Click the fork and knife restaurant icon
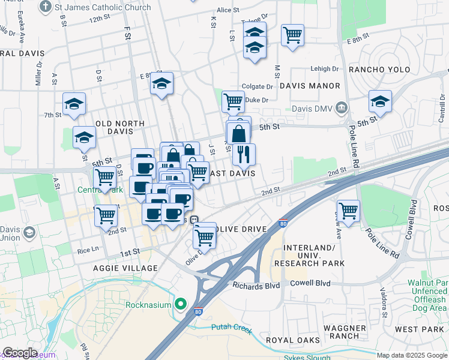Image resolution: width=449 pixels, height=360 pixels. [x=244, y=154]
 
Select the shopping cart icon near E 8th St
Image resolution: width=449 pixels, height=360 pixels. [x=292, y=35]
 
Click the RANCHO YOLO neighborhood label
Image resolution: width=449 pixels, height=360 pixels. [x=379, y=70]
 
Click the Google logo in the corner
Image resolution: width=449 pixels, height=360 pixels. [x=20, y=352]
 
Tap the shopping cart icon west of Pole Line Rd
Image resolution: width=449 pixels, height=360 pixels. [x=348, y=211]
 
